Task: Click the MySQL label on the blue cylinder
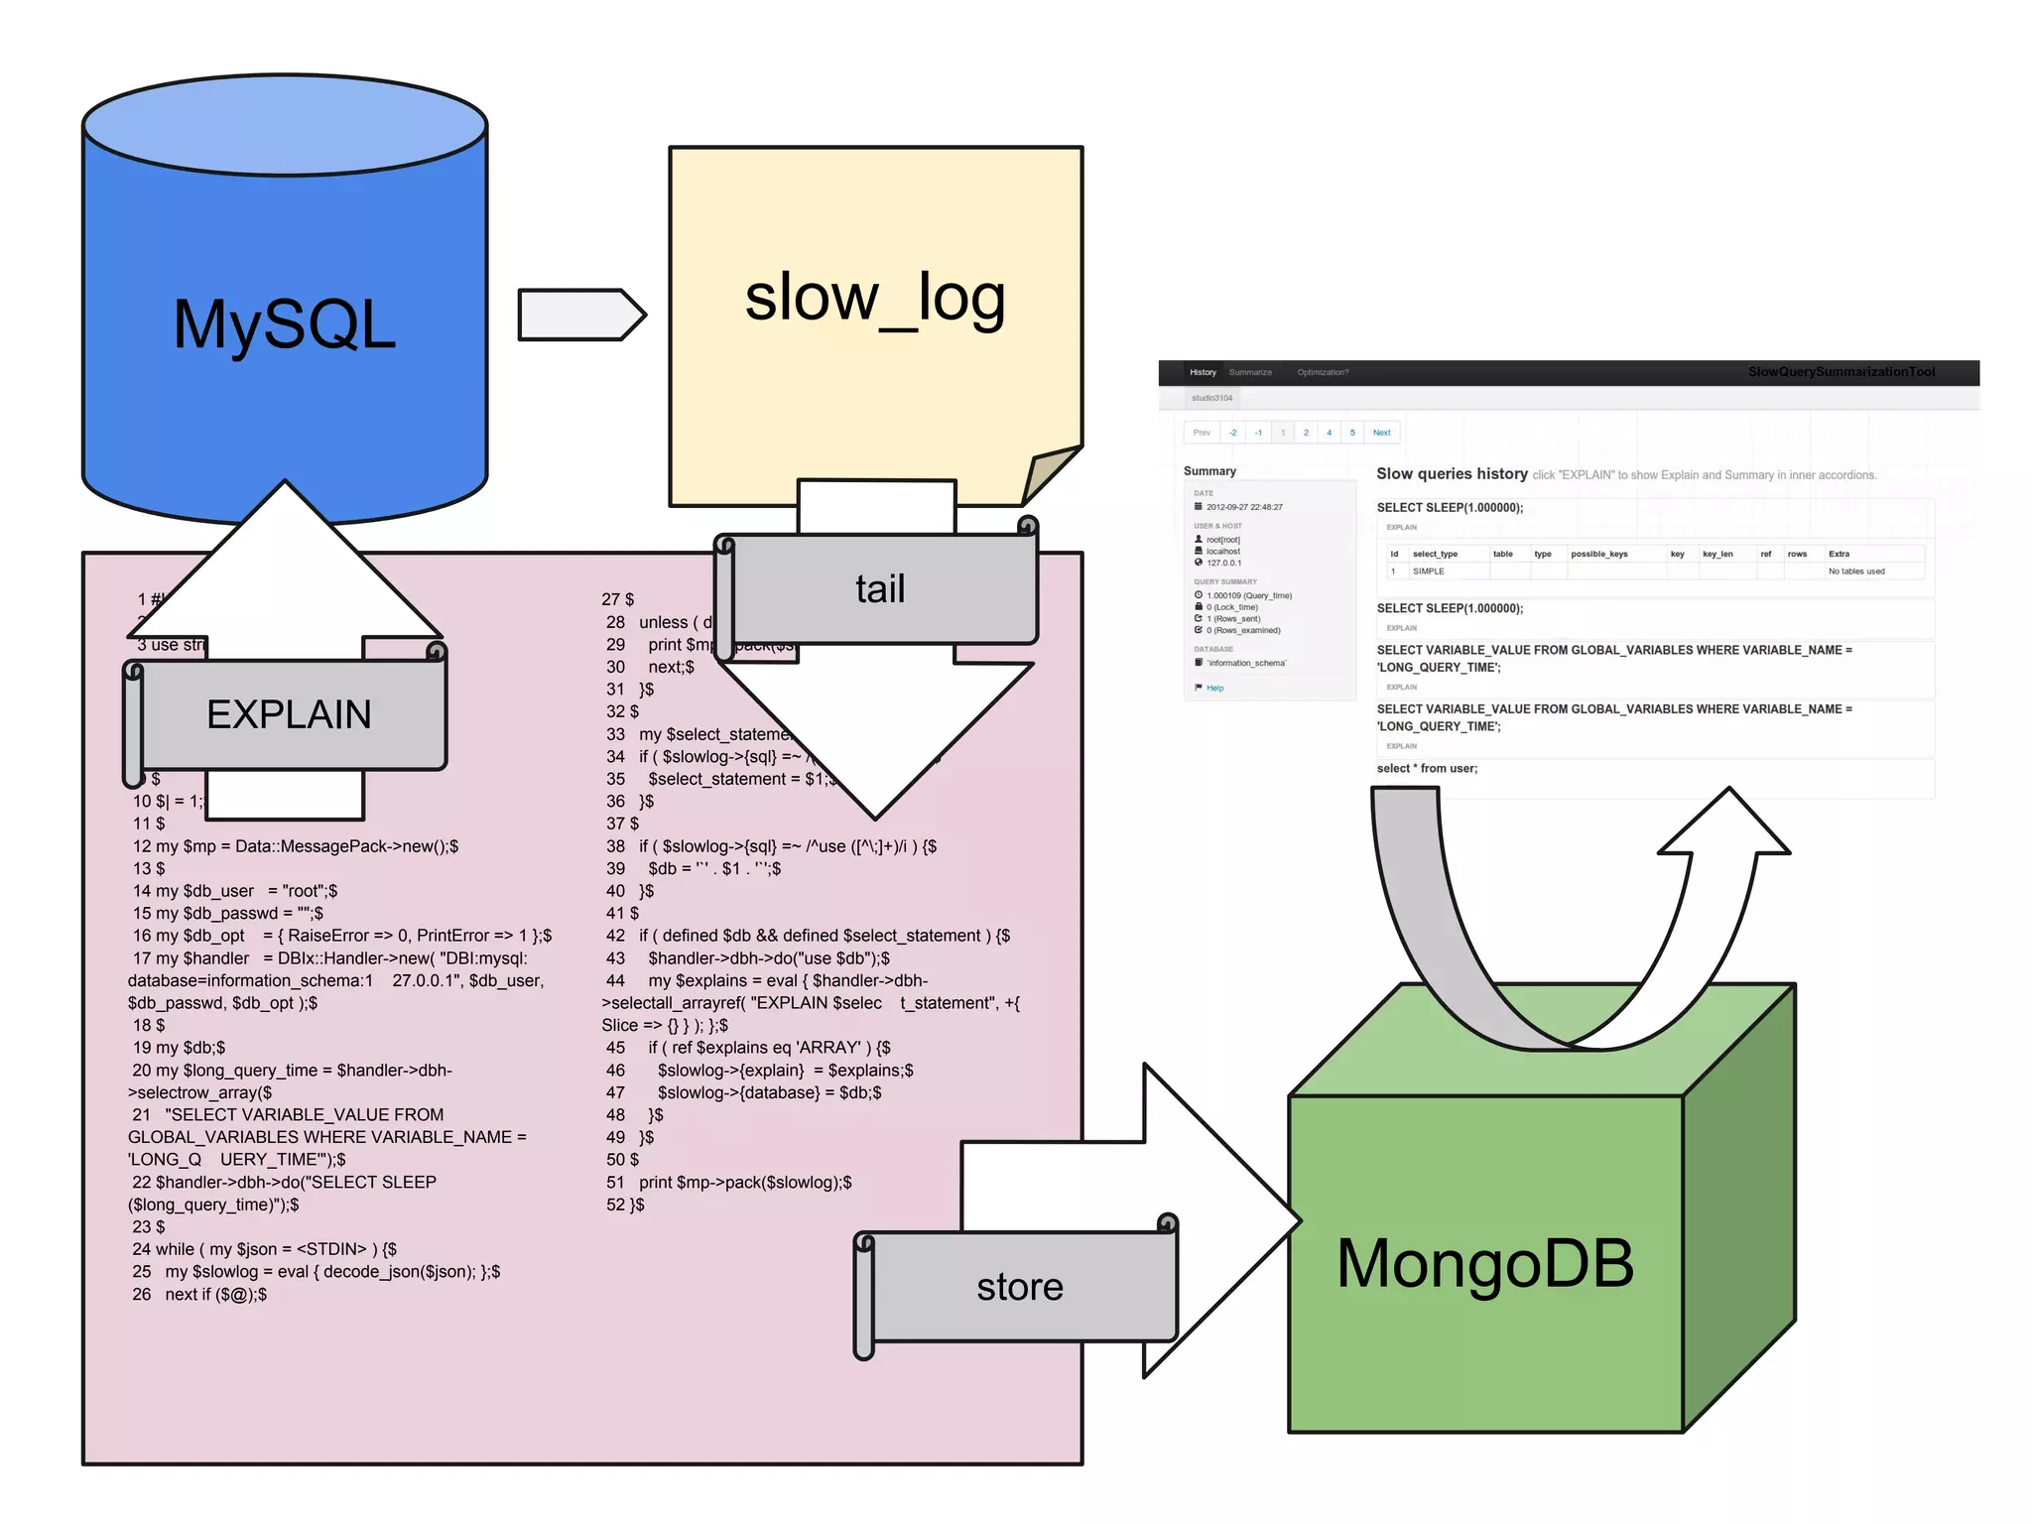[x=285, y=325]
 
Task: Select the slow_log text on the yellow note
[x=875, y=298]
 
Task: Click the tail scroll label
[x=880, y=589]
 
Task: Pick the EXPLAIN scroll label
[x=289, y=714]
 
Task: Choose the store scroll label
[x=1019, y=1287]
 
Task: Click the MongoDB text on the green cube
[x=1484, y=1264]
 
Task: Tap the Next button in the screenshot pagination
[x=1381, y=433]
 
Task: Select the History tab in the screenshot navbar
[x=1203, y=372]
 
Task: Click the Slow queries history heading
[x=1452, y=474]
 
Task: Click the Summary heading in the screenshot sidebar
[x=1209, y=471]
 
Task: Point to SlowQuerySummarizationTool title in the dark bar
[x=1841, y=372]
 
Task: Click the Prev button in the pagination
[x=1202, y=433]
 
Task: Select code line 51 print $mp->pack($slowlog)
[x=744, y=1183]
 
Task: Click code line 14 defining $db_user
[x=235, y=891]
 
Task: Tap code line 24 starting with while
[x=264, y=1249]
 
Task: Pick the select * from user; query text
[x=1427, y=769]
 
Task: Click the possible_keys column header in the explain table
[x=1598, y=554]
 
